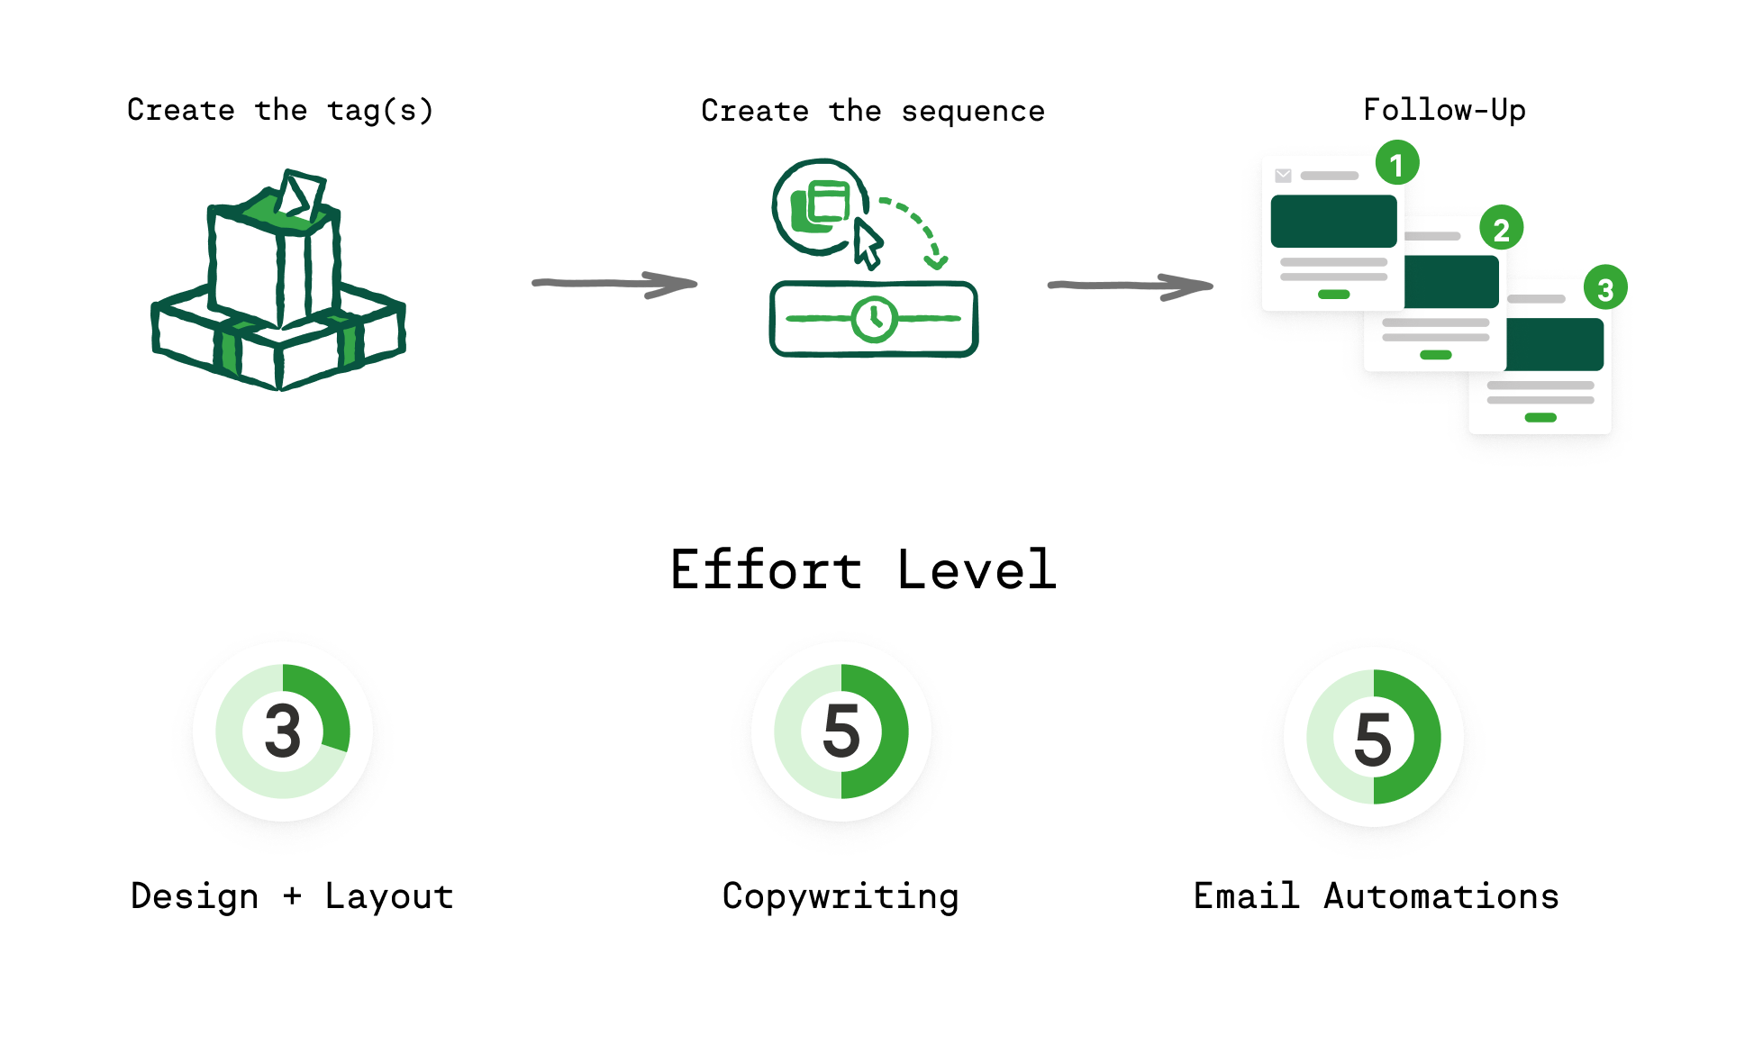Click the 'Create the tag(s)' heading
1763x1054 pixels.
click(280, 110)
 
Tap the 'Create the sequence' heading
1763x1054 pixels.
click(872, 111)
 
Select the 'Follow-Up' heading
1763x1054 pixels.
click(1443, 110)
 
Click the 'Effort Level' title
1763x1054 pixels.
click(863, 569)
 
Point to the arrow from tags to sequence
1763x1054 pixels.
click(614, 284)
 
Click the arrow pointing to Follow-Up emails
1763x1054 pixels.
click(1130, 286)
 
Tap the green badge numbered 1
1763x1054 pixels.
click(1396, 164)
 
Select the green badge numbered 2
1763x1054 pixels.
click(1501, 229)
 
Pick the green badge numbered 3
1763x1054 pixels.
click(1604, 288)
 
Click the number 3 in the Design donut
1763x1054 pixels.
click(283, 731)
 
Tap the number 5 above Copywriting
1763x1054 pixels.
click(841, 731)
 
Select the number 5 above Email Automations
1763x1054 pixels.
click(1373, 739)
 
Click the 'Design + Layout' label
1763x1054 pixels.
click(292, 896)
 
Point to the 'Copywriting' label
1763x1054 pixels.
click(841, 896)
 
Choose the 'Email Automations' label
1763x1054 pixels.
click(1376, 896)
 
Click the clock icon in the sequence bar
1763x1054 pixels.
click(873, 318)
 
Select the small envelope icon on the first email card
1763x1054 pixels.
click(1283, 176)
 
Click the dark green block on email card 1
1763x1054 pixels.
click(1333, 221)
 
